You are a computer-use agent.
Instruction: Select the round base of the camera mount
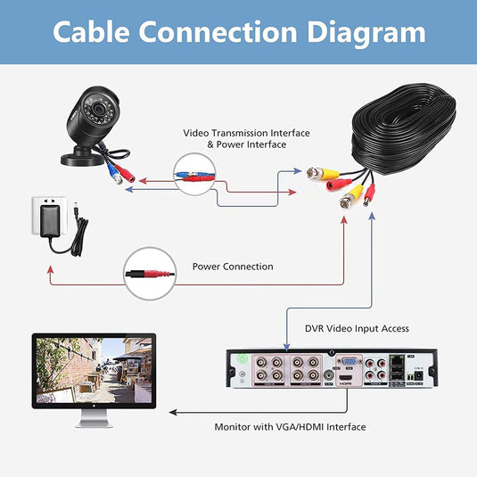pos(79,160)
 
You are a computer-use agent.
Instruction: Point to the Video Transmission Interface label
pos(246,133)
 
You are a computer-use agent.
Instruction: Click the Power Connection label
pos(233,267)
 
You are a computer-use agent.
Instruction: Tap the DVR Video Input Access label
pos(358,328)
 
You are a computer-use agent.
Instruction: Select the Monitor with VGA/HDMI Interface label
pos(290,427)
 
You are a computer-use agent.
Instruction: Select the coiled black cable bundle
pos(401,129)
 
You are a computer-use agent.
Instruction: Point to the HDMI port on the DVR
pos(344,380)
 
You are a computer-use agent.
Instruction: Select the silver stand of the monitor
pos(93,419)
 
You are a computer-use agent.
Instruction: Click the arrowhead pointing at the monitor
pos(170,413)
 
